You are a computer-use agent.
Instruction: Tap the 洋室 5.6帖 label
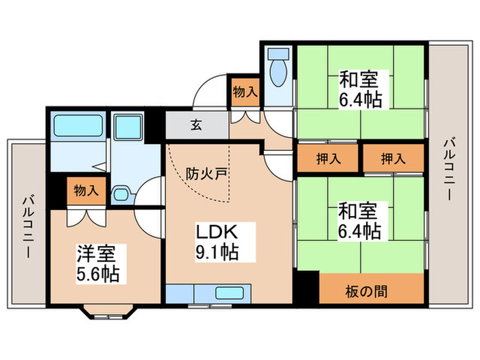pos(97,263)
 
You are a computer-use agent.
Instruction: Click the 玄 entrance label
pos(195,125)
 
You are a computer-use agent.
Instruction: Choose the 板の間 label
pos(371,290)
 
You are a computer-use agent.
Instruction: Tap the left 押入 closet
pos(327,158)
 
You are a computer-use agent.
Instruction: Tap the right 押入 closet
pos(393,158)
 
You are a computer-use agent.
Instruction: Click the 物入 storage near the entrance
pos(245,91)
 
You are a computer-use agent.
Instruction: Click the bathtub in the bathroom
pos(77,127)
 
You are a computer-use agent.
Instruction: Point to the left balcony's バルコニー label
pos(28,226)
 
